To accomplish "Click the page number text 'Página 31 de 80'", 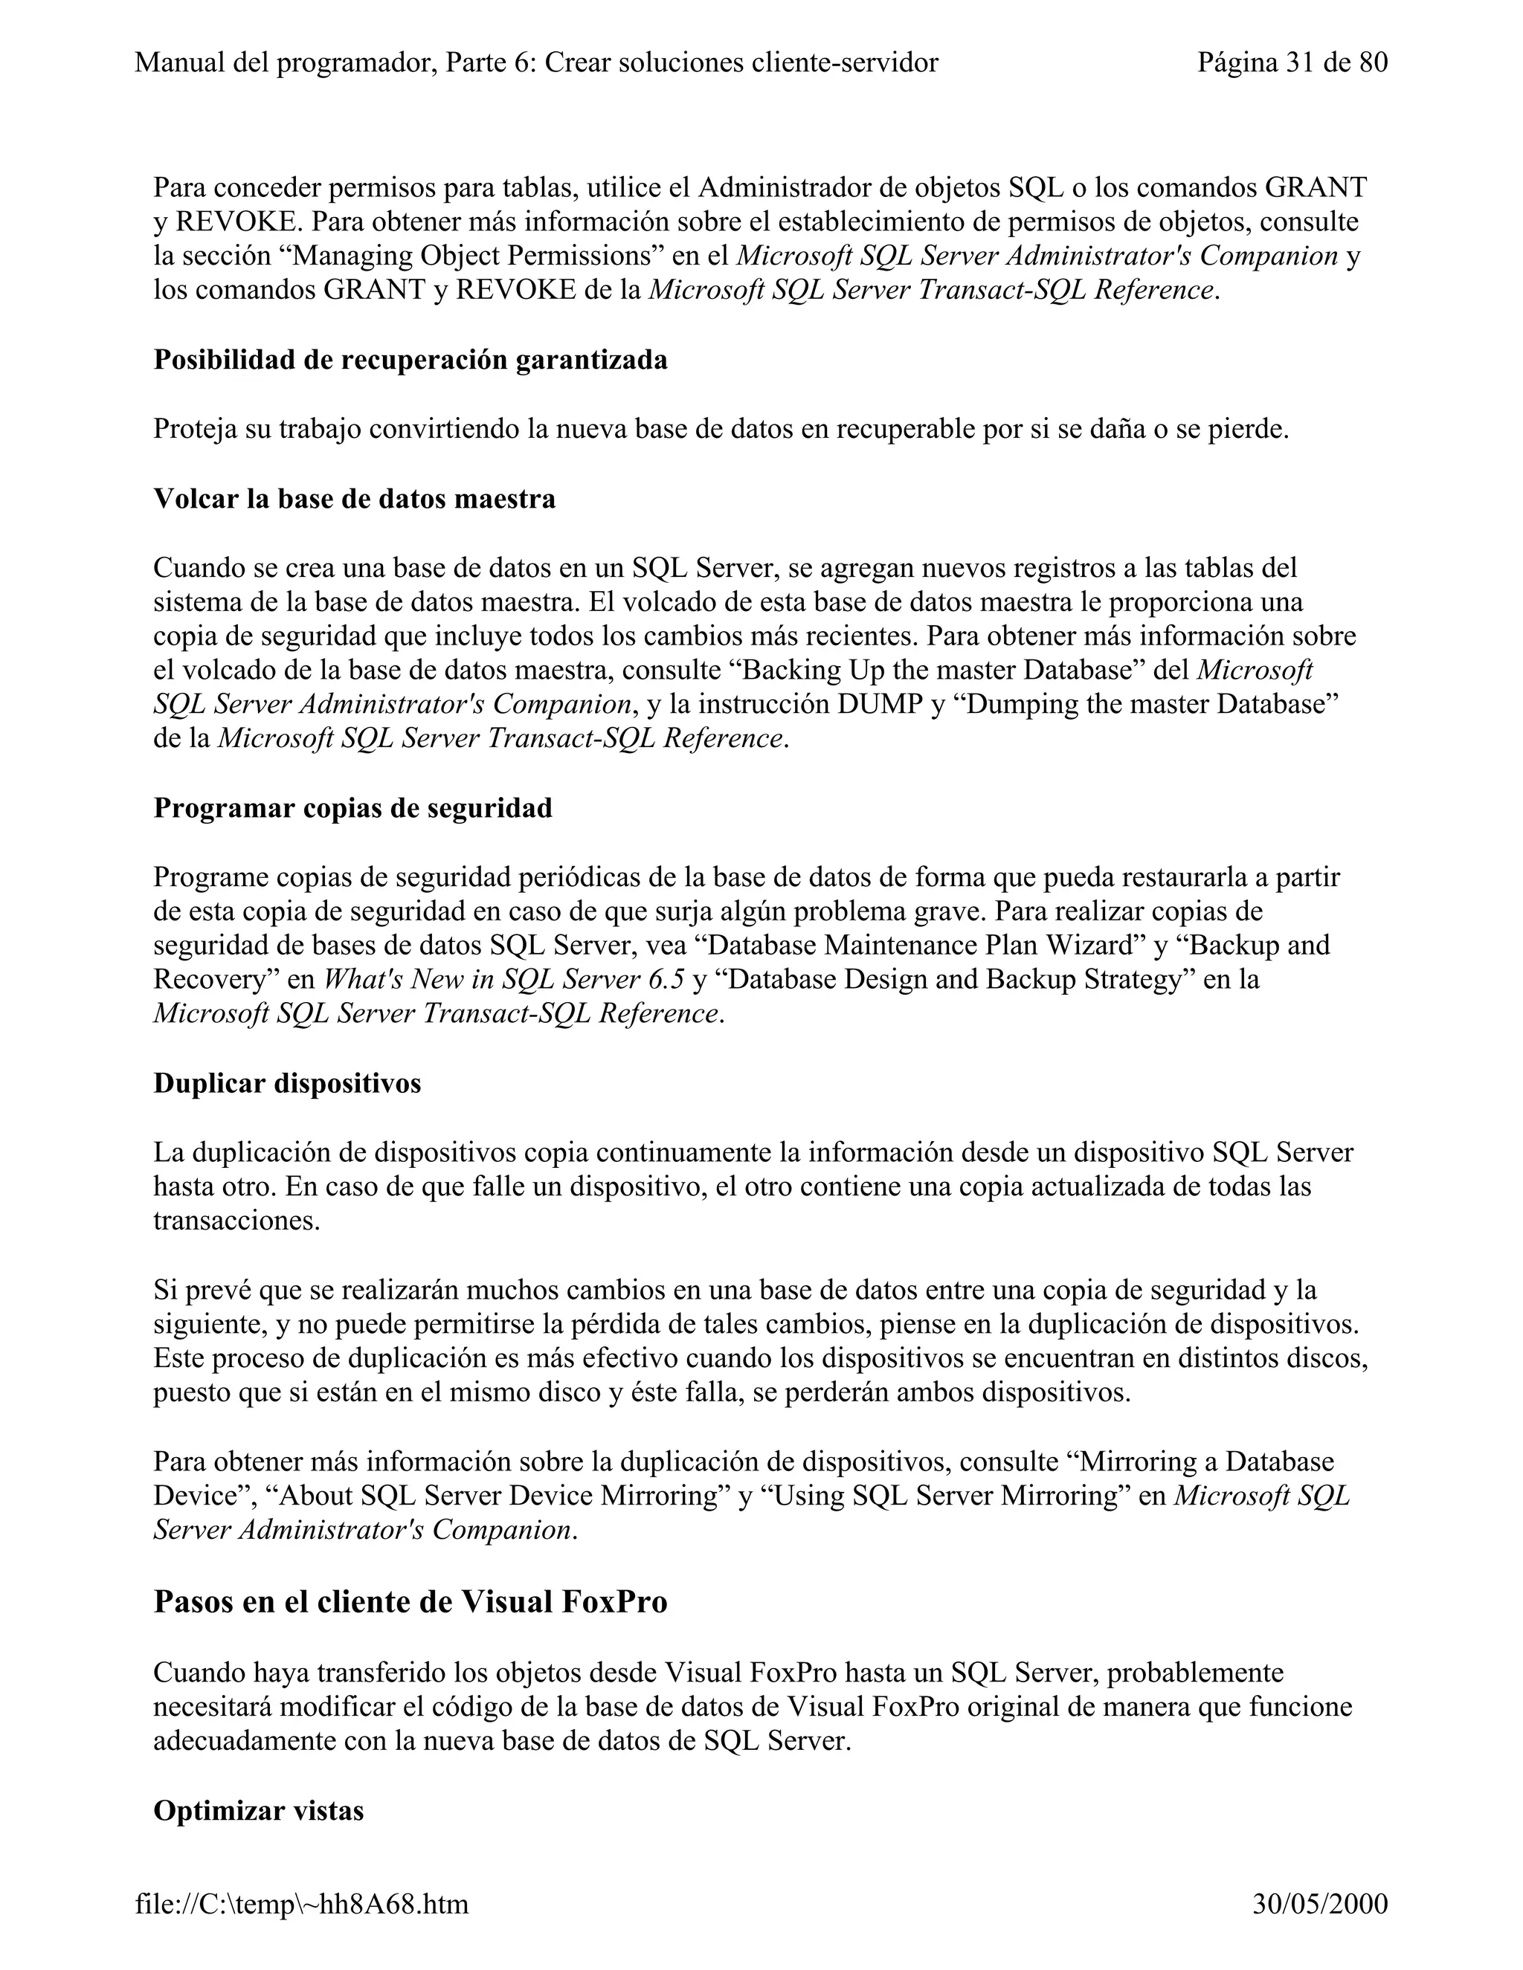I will click(1292, 62).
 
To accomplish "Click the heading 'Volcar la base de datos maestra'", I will click(355, 498).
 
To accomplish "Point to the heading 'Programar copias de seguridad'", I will click(352, 807).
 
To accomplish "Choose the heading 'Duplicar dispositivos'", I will click(287, 1082).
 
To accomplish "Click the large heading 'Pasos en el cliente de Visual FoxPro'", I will click(410, 1601).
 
